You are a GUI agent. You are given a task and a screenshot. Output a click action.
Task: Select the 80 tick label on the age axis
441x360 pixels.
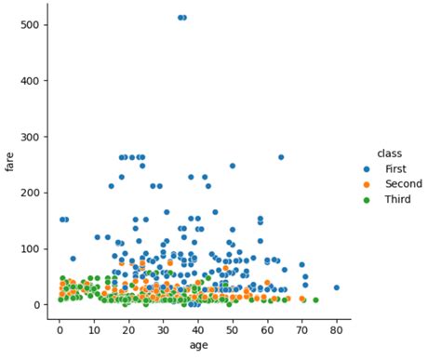336,329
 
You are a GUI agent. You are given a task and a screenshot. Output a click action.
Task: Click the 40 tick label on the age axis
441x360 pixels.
198,329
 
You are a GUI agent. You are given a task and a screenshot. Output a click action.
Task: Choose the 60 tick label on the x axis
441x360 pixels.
267,329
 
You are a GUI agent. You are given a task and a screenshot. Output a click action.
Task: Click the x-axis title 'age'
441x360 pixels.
198,345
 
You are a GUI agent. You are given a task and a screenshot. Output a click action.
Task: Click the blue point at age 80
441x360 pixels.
336,287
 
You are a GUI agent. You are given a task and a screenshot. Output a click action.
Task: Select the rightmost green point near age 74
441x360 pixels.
315,300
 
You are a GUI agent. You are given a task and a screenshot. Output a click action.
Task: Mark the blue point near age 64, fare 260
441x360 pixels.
281,157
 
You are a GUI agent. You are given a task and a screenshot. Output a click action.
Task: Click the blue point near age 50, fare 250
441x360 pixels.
233,166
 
